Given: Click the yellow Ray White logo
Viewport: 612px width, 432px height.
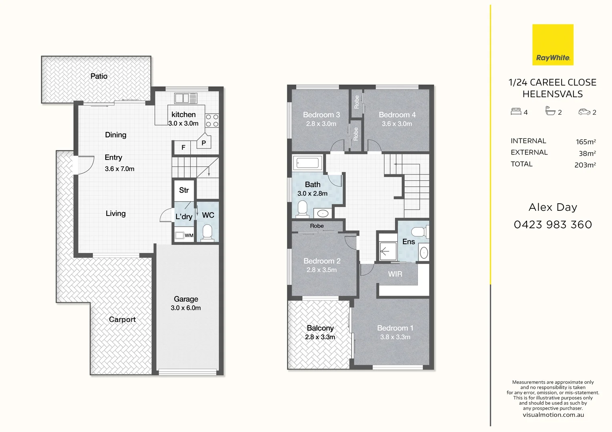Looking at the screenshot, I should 553,45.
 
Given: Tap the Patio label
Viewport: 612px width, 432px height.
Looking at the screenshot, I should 99,76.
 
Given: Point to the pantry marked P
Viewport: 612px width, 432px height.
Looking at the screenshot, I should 203,143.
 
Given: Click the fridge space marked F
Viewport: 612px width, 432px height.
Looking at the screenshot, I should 183,148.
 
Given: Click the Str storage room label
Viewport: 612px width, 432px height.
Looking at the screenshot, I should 184,190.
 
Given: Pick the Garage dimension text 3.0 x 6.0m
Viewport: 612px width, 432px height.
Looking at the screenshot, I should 185,308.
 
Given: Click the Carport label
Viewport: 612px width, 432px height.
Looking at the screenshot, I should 122,319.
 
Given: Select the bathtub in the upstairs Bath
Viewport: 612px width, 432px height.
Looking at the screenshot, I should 307,163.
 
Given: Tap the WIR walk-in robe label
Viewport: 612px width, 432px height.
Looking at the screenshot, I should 395,274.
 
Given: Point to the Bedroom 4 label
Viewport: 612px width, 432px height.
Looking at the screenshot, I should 397,115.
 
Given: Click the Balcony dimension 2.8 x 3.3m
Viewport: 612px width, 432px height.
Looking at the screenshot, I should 320,337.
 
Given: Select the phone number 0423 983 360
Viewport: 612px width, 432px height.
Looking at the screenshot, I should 553,225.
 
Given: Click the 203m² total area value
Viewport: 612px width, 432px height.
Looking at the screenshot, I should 585,165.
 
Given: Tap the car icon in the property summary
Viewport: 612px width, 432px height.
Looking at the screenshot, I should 584,112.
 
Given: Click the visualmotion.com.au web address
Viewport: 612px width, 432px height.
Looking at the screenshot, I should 553,415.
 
